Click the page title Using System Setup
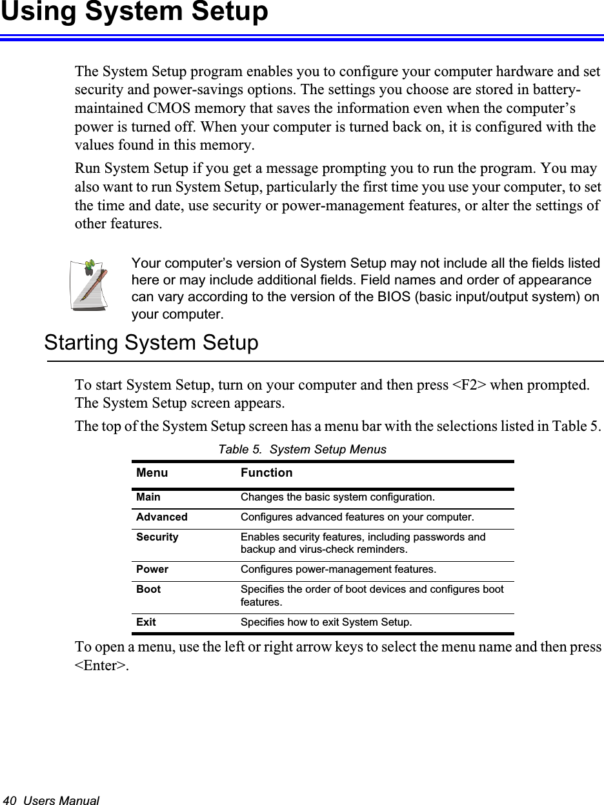coord(134,12)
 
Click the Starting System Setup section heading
coord(151,343)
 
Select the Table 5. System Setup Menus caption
coord(302,450)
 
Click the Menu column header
coord(152,473)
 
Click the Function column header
coord(266,473)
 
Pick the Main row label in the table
coord(148,497)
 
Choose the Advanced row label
coord(161,517)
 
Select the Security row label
coord(157,537)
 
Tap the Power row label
coord(152,570)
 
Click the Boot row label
coord(148,590)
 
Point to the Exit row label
coord(146,622)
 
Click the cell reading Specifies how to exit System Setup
coord(326,622)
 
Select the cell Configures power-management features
coord(337,570)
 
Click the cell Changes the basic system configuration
coord(337,497)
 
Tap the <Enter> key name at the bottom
coord(101,665)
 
